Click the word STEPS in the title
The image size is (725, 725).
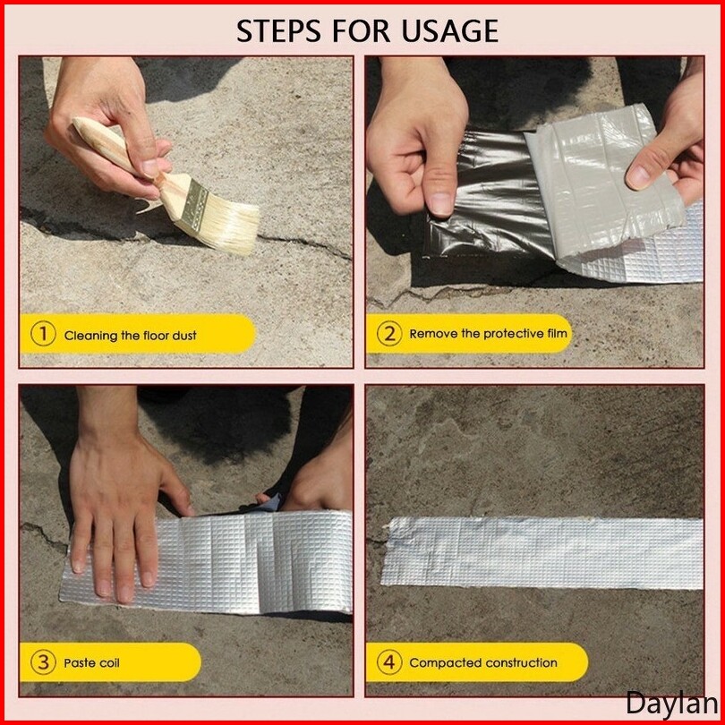tap(278, 31)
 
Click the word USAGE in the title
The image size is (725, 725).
tap(449, 31)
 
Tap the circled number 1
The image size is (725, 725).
tap(43, 334)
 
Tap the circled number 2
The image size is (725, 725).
tap(389, 333)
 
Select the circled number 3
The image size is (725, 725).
tap(43, 662)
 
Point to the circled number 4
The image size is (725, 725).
tap(389, 661)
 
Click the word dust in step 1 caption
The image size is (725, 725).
tap(184, 336)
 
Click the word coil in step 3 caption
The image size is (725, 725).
tap(109, 663)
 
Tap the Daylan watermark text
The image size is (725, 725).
tap(671, 704)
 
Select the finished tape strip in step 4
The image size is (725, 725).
tap(542, 552)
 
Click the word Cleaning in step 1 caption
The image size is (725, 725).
tap(90, 336)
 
